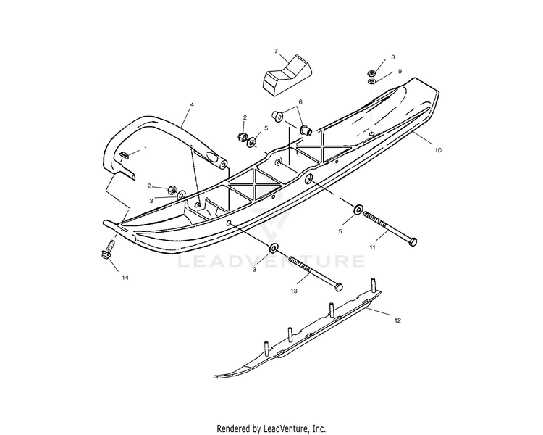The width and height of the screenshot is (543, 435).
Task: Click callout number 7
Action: [276, 51]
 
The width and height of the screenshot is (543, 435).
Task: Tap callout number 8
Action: [393, 57]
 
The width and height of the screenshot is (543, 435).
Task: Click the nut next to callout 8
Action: [371, 72]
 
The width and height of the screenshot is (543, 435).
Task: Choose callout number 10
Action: [437, 149]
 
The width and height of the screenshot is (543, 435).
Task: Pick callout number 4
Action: [192, 105]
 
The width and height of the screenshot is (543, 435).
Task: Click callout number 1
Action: [145, 149]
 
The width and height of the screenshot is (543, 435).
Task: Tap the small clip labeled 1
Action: [124, 154]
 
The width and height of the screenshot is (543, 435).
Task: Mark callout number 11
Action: [373, 248]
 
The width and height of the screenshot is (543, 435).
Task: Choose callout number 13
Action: [293, 291]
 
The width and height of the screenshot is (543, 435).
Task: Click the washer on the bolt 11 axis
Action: [358, 210]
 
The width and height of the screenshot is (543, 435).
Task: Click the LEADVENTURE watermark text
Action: [271, 260]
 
